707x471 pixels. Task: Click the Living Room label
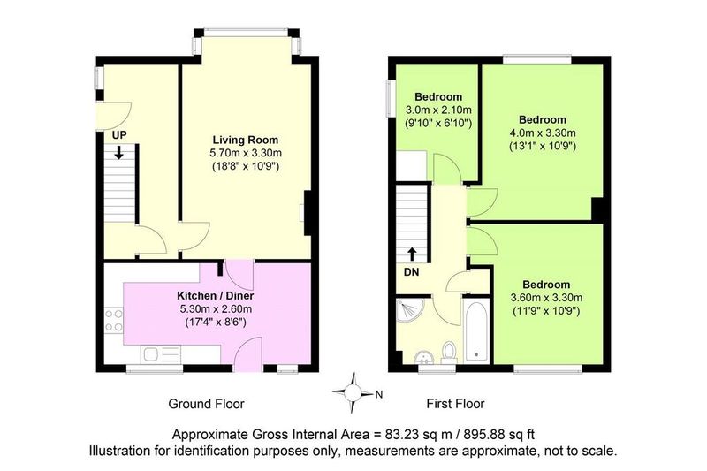point(246,140)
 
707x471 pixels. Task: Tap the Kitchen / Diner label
point(215,296)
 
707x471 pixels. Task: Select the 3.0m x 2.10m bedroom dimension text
point(438,110)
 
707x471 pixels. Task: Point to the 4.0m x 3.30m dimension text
point(543,133)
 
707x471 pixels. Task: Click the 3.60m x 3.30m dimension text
point(546,298)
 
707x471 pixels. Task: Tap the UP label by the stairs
point(119,135)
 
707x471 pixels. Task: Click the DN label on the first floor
point(411,272)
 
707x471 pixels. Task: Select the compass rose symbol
point(353,392)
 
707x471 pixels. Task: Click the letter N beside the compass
point(379,395)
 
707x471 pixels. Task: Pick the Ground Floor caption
point(206,404)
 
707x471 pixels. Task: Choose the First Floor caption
point(455,404)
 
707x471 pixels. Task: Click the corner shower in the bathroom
point(409,310)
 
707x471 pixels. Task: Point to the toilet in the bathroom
point(449,353)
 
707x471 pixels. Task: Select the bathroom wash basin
point(423,356)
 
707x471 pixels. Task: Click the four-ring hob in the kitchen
point(114,320)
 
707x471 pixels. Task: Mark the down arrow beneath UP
point(118,152)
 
